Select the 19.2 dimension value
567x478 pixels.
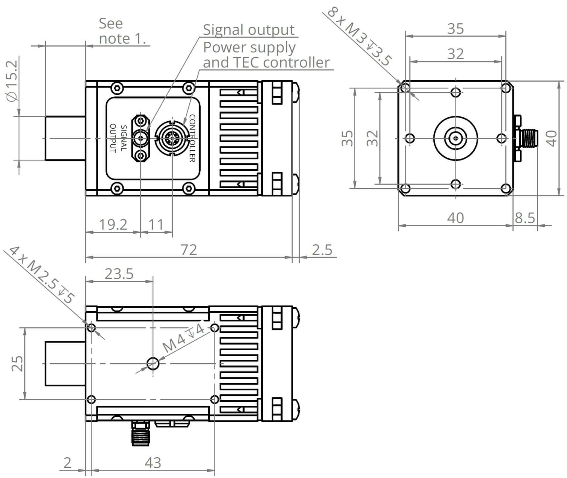pos(113,224)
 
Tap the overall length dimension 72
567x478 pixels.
pos(189,250)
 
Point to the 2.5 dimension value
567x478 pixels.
pos(322,250)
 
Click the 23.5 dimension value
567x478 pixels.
pos(118,274)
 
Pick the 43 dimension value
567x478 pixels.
pos(153,462)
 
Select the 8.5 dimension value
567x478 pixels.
pos(525,218)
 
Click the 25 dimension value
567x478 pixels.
pos(17,363)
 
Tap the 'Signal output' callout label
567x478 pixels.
pos(248,30)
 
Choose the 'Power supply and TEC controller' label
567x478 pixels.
pos(266,55)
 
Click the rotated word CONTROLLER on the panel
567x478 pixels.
pos(192,138)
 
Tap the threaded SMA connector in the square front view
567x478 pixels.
pos(529,138)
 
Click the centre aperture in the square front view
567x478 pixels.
pos(456,139)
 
